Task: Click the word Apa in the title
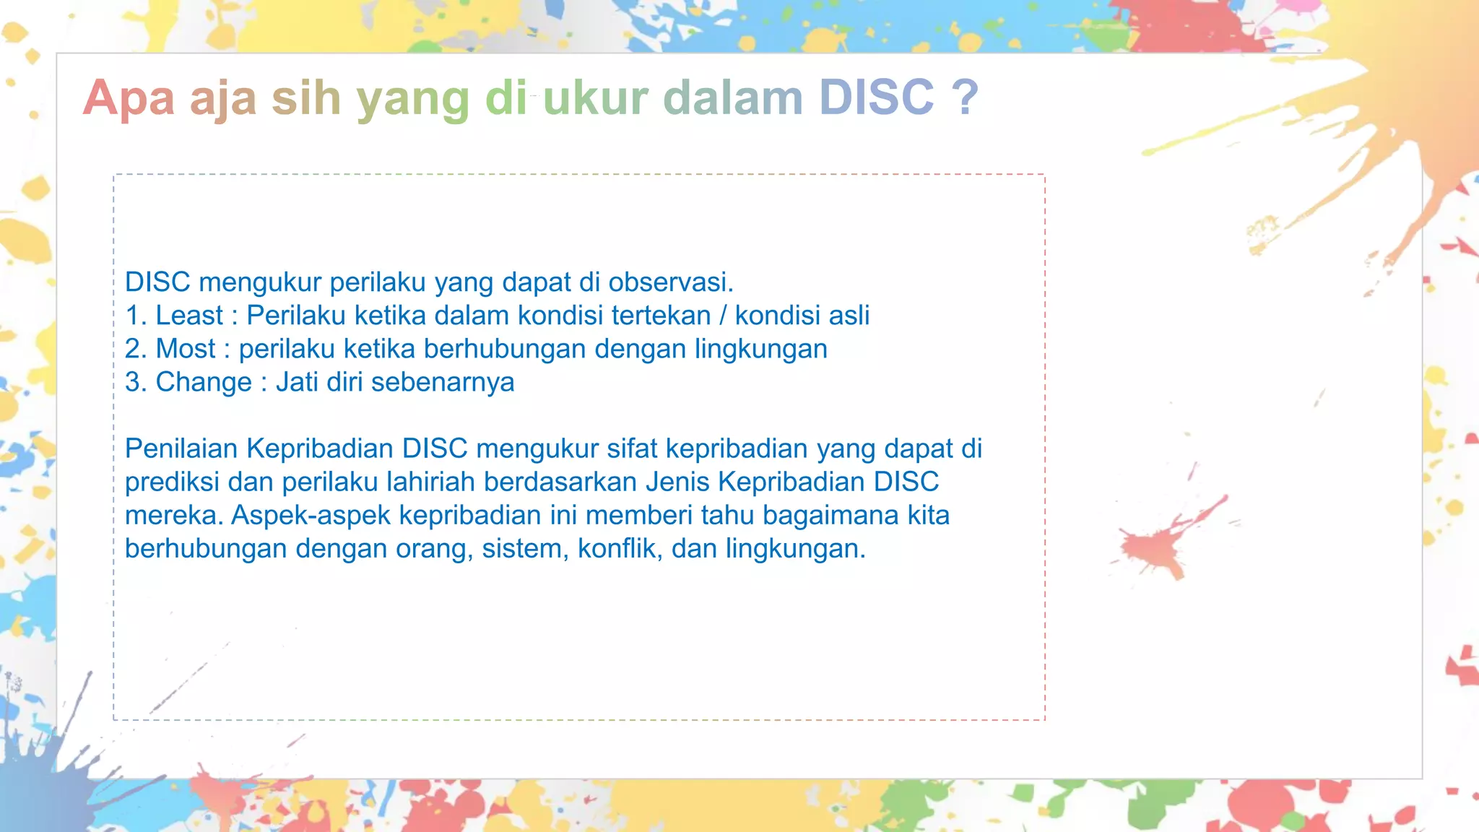click(x=129, y=97)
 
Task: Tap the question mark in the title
click(x=965, y=97)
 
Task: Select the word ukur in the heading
click(x=595, y=97)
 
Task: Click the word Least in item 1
click(x=189, y=316)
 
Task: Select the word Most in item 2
click(x=186, y=349)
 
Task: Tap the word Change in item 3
click(x=204, y=382)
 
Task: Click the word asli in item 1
click(x=849, y=316)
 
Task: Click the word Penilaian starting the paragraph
click(x=181, y=448)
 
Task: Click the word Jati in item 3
click(x=297, y=382)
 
